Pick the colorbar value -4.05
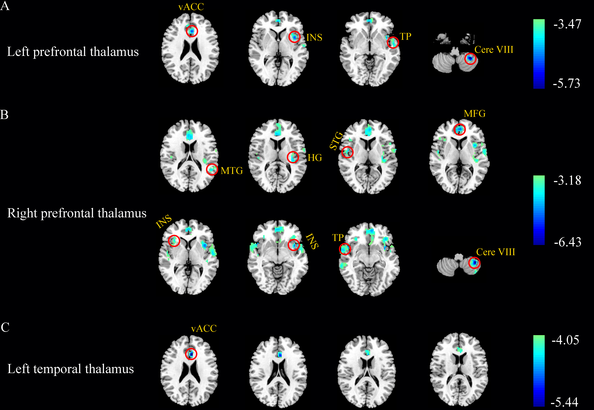(565, 340)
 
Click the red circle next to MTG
(212, 170)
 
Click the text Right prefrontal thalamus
(77, 213)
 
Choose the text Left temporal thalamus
(70, 369)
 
